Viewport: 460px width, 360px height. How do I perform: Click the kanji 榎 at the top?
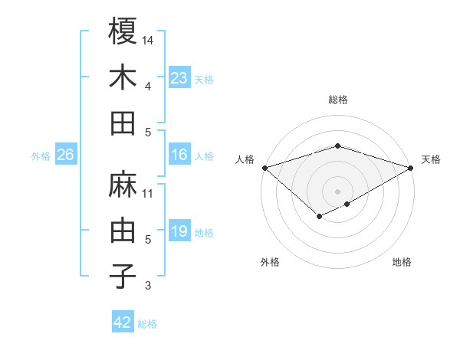(x=123, y=31)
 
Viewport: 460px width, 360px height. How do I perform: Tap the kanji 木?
(x=123, y=77)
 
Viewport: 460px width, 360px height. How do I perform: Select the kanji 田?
(x=123, y=123)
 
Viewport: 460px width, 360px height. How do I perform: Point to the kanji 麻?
(x=123, y=185)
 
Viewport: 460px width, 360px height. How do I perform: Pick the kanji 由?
(x=123, y=231)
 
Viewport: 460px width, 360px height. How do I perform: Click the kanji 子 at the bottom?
(x=123, y=277)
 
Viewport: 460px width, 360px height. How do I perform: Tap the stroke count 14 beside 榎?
(x=148, y=40)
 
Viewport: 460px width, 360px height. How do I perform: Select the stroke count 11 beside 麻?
(x=148, y=193)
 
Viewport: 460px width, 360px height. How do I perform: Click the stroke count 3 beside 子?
(x=148, y=286)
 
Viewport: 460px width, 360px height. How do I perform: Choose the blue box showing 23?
(x=179, y=78)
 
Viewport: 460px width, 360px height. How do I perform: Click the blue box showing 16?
(x=179, y=155)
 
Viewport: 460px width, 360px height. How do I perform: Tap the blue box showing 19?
(x=179, y=231)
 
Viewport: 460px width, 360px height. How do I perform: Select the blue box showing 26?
(x=66, y=155)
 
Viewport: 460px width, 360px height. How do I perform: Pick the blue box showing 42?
(x=123, y=322)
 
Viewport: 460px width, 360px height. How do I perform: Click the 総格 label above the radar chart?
(x=337, y=100)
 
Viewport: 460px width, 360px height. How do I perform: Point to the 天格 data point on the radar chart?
(x=412, y=167)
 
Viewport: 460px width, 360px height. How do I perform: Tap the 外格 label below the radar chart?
(x=270, y=263)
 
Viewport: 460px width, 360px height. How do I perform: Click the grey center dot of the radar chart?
(x=337, y=191)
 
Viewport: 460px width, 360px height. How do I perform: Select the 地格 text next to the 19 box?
(x=204, y=233)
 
